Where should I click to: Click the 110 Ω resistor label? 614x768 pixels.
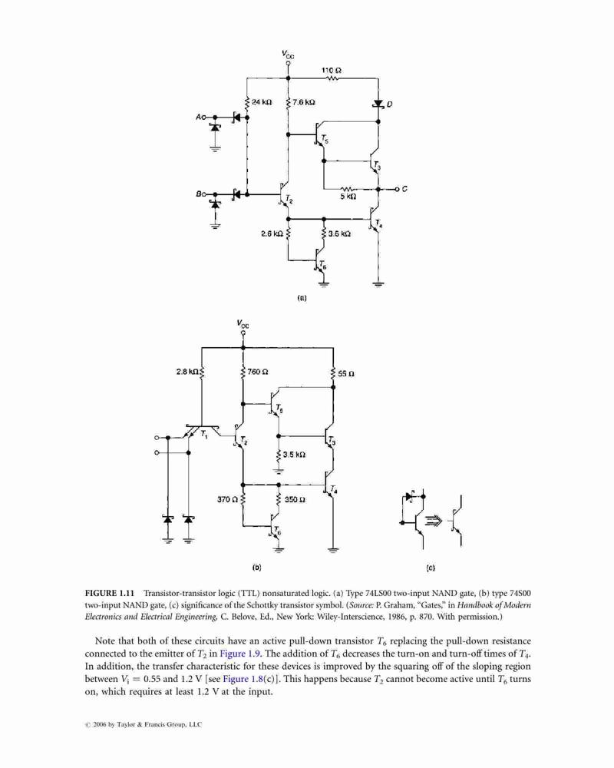point(332,70)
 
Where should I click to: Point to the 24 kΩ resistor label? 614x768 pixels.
point(262,102)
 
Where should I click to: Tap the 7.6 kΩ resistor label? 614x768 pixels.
point(304,102)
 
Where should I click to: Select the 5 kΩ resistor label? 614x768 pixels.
point(348,197)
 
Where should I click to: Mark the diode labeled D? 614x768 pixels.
point(378,104)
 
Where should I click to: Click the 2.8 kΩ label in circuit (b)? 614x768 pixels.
point(187,372)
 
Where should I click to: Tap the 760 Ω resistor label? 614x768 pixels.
point(258,372)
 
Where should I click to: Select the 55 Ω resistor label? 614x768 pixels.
point(346,374)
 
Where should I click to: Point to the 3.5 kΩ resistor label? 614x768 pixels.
point(294,455)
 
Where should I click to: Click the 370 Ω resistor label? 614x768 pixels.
point(227,500)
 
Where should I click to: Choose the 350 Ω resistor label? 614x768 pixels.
point(295,500)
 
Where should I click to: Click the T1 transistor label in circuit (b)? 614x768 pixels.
point(204,434)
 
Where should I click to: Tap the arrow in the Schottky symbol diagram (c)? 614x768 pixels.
point(434,521)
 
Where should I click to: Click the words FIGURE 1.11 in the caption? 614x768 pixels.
point(110,593)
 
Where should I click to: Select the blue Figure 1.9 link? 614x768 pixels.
point(240,654)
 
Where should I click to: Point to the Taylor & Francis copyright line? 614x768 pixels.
point(143,724)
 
